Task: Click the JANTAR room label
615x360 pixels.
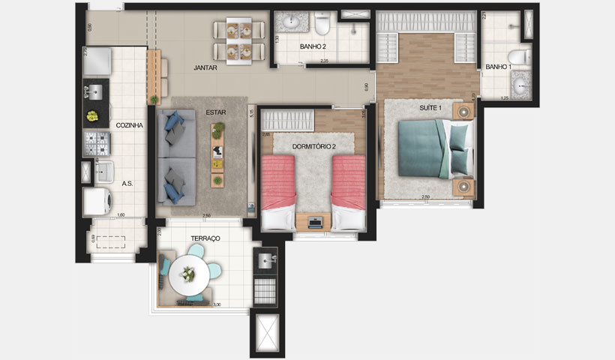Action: [x=205, y=67]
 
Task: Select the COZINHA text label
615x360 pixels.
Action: [x=129, y=126]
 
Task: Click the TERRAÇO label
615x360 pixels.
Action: [x=205, y=238]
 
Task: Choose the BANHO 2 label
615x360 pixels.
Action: [x=312, y=46]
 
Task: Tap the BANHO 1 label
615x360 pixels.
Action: [x=497, y=67]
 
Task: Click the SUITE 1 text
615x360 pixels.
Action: [x=430, y=108]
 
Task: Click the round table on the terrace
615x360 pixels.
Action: [x=187, y=276]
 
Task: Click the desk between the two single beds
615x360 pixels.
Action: [x=315, y=221]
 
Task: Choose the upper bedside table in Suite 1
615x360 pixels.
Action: [x=463, y=112]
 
